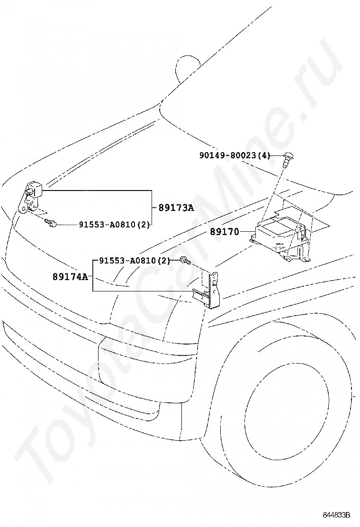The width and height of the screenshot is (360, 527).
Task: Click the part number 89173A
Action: pos(176,208)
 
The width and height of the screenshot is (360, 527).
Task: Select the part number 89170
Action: pos(225,232)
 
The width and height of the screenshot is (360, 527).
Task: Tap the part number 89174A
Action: pos(70,277)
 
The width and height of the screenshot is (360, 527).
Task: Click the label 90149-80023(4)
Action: pos(235,155)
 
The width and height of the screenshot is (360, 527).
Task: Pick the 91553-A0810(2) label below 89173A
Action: pos(114,224)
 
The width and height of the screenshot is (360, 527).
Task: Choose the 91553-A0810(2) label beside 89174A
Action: pos(135,261)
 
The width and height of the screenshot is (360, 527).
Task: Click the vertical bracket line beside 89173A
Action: pos(152,208)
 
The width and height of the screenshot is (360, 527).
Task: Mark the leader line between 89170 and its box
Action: pos(247,232)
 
